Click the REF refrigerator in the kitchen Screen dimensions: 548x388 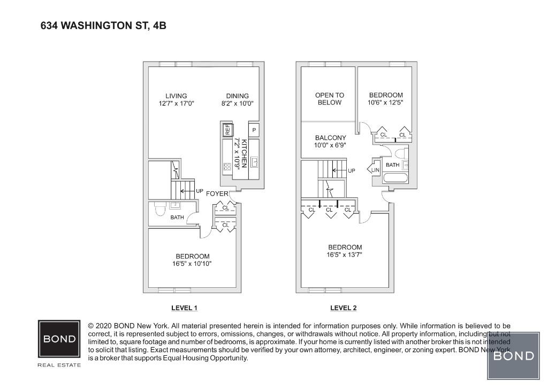(x=227, y=129)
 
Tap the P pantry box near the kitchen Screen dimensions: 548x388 (x=254, y=130)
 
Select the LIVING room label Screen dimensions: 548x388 (x=176, y=96)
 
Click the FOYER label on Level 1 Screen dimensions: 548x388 (x=217, y=193)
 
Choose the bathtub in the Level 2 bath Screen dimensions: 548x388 (x=395, y=178)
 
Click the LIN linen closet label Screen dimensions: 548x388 (x=375, y=170)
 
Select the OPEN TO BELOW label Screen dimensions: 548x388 (x=329, y=99)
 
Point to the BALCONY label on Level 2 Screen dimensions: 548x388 (x=330, y=138)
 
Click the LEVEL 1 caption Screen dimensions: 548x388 (x=185, y=308)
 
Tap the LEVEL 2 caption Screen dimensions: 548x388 (x=343, y=308)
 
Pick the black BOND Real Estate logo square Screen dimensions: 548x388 (x=59, y=339)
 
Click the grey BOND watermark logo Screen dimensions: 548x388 (x=513, y=355)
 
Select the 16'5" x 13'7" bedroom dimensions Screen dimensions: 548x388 (x=345, y=255)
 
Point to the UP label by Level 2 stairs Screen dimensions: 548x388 (x=352, y=171)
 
